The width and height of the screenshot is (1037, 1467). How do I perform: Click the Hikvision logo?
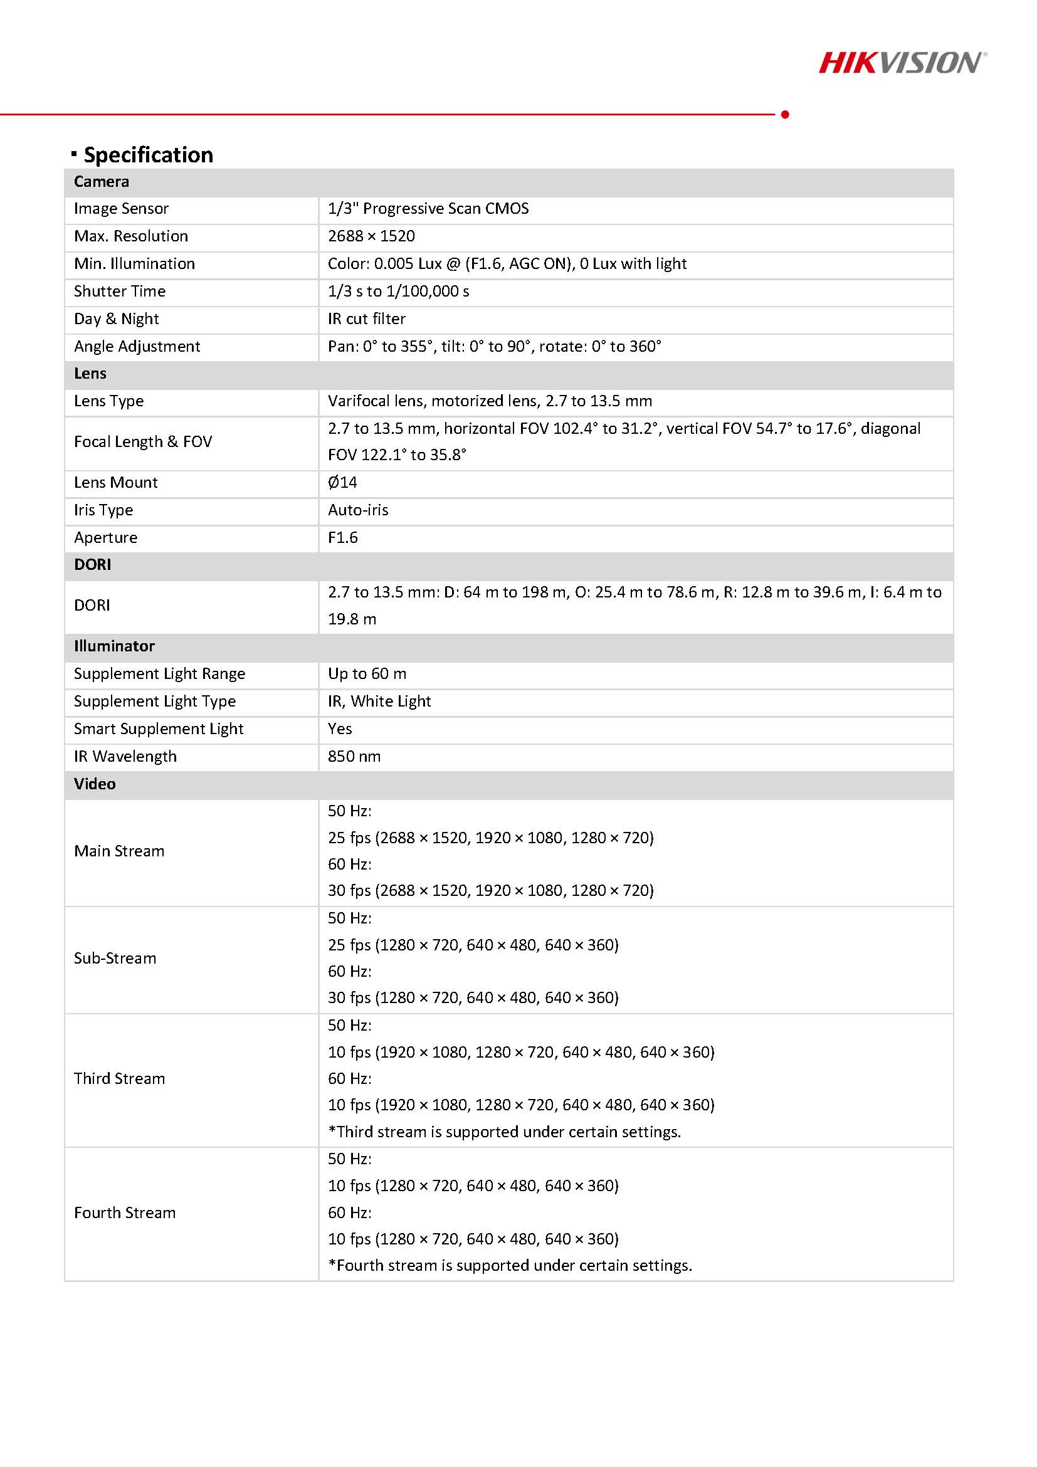click(x=902, y=63)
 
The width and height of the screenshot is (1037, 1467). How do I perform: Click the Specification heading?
click(x=148, y=155)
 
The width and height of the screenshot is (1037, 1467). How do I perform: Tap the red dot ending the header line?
click(x=785, y=114)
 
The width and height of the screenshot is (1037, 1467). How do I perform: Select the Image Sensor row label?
click(x=122, y=209)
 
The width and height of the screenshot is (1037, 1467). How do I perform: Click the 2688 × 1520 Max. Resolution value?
click(x=371, y=236)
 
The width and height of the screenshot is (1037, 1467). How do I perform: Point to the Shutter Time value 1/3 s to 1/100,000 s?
click(x=398, y=292)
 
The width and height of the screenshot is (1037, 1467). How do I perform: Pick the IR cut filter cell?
click(x=366, y=319)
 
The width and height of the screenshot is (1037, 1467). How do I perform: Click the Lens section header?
click(x=90, y=374)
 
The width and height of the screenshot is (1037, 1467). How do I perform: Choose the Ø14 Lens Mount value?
click(x=342, y=482)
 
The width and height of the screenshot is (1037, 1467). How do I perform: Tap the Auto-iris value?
click(x=358, y=510)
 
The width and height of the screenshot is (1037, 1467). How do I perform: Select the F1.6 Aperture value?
click(x=342, y=537)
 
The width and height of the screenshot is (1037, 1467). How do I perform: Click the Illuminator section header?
click(x=114, y=646)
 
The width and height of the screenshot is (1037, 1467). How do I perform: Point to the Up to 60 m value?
click(x=367, y=673)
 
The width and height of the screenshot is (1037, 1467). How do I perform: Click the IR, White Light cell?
click(x=379, y=701)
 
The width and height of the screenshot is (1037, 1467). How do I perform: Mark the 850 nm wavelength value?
click(x=354, y=757)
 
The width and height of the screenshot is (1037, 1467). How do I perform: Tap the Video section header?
click(x=95, y=784)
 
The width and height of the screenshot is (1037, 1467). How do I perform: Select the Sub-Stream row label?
click(x=115, y=959)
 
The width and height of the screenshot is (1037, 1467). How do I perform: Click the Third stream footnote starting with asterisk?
click(x=504, y=1132)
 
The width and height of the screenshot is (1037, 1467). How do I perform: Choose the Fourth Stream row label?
click(x=125, y=1212)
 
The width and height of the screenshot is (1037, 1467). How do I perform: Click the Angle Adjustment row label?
click(x=137, y=346)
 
